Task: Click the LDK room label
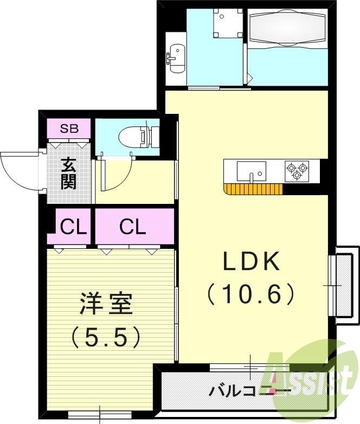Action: tap(250, 261)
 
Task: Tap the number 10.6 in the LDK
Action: tap(250, 294)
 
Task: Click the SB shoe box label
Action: tap(69, 129)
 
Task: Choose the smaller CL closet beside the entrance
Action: tap(73, 227)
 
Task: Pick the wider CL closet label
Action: tap(133, 227)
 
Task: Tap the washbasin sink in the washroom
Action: tap(176, 59)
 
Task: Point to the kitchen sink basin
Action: tap(251, 171)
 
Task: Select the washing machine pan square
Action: tap(228, 23)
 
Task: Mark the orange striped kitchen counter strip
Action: tap(253, 189)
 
